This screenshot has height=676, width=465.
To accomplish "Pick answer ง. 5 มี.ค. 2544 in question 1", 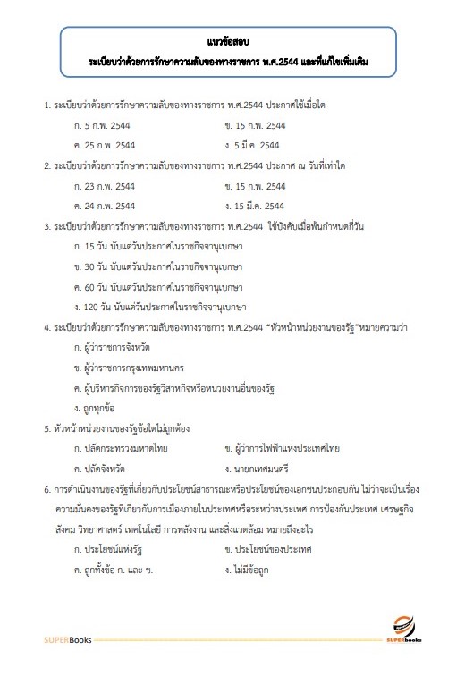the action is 254,144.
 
